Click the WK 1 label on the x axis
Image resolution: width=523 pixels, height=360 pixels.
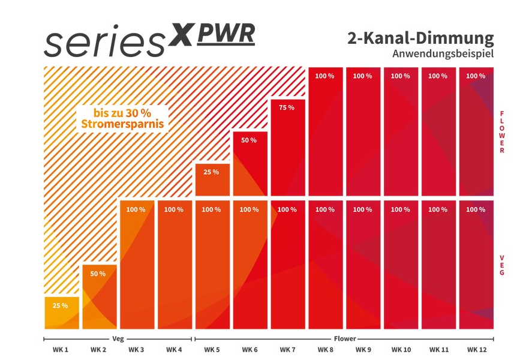60,349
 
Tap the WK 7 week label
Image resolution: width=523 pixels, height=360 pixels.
287,349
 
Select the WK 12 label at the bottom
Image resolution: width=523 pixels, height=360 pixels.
476,349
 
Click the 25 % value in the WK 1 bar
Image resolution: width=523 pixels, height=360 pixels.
60,305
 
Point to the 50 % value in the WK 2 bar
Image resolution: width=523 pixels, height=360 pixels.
98,274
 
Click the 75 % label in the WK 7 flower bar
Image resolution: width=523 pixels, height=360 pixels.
287,107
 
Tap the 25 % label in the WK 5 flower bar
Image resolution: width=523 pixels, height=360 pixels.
211,172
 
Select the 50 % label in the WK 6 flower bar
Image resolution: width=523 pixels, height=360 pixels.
249,140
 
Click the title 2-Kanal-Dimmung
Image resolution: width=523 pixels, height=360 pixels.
420,39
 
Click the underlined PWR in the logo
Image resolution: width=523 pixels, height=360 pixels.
226,35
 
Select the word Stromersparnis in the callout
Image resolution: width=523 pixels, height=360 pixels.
123,125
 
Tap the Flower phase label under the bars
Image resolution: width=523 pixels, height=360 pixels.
344,338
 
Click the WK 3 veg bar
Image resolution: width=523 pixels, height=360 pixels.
136,264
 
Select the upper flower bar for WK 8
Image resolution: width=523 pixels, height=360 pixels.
324,132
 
